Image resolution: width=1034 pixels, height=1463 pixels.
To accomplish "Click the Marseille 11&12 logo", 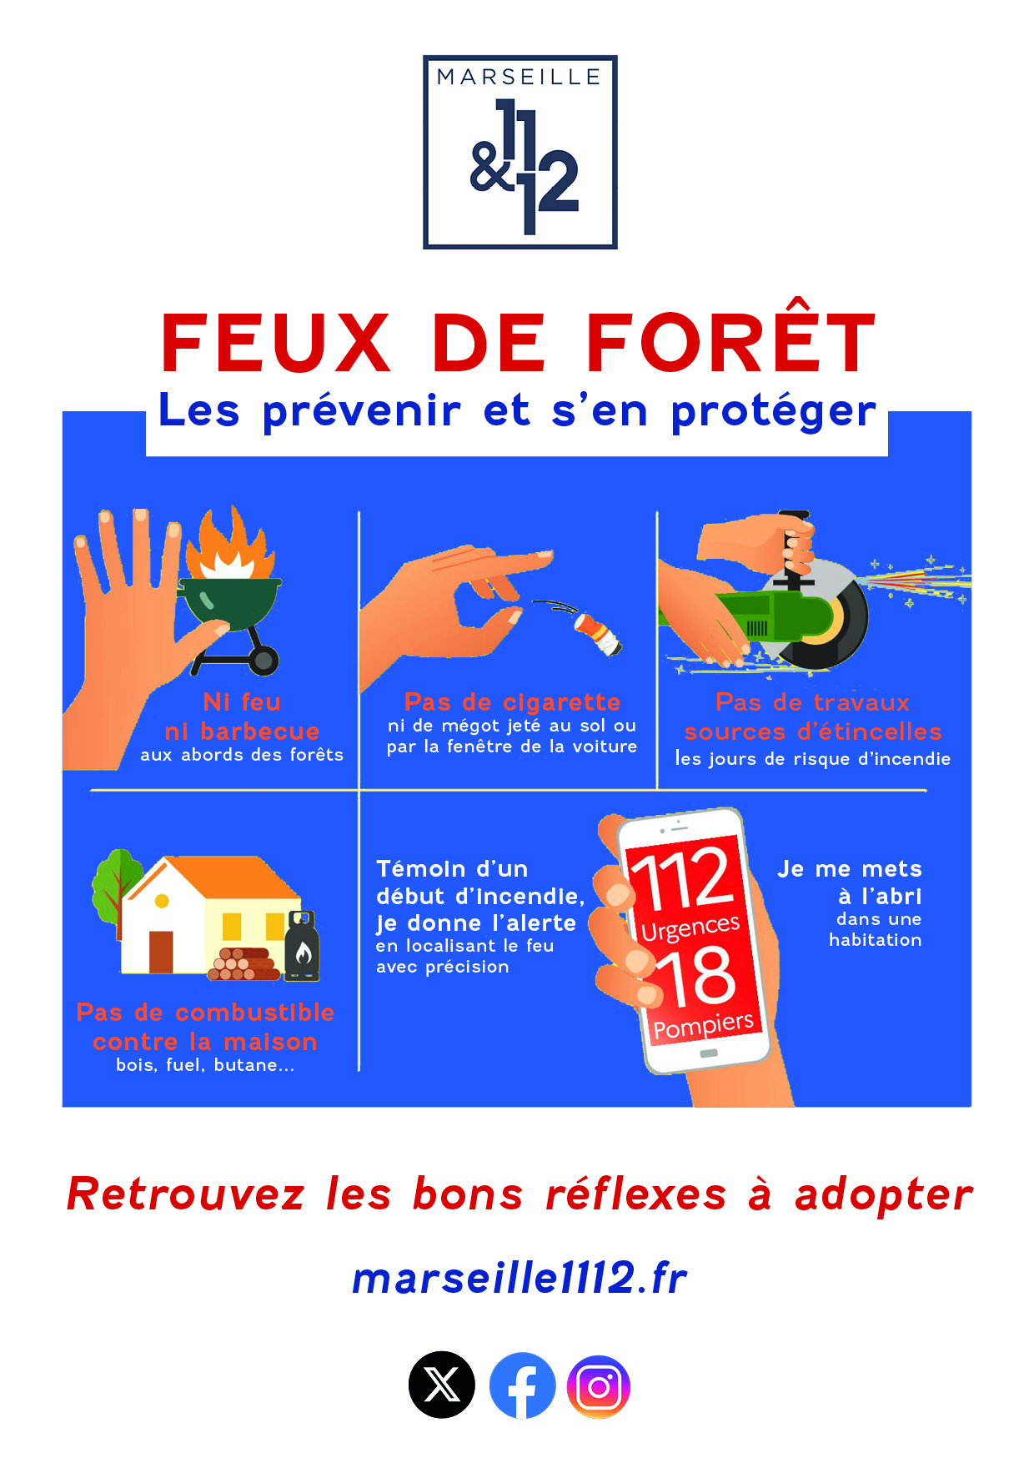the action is coord(520,152).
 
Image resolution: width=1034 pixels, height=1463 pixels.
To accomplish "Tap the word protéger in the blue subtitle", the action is coord(774,412).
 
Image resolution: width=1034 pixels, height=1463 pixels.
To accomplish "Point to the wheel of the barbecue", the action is coord(264,661).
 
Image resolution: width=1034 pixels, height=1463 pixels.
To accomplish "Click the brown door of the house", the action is coord(161,952).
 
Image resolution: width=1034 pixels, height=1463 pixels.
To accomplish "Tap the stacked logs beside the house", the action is coord(244,964).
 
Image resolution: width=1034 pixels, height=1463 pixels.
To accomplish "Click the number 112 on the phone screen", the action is coord(681,879).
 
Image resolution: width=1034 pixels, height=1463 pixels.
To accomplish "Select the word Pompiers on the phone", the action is coord(703,1024).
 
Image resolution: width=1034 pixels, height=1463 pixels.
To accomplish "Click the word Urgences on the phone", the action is coord(690,927).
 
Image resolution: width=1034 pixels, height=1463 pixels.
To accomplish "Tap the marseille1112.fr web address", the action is coord(520,1278).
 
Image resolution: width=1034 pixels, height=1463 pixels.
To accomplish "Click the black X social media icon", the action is coord(442,1385).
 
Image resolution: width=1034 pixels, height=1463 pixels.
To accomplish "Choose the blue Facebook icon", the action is coord(522,1385).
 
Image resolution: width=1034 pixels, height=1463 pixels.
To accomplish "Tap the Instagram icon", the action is coord(599,1386).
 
